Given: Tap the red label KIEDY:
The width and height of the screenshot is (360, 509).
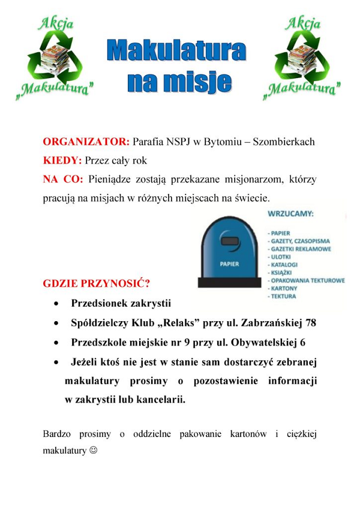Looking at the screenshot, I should point(62,161).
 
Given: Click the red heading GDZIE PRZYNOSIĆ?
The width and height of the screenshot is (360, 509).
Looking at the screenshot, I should point(96,283).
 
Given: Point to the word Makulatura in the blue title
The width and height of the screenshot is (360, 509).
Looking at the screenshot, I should point(176,52).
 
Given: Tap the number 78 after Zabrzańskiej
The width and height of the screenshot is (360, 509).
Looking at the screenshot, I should point(310,323).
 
